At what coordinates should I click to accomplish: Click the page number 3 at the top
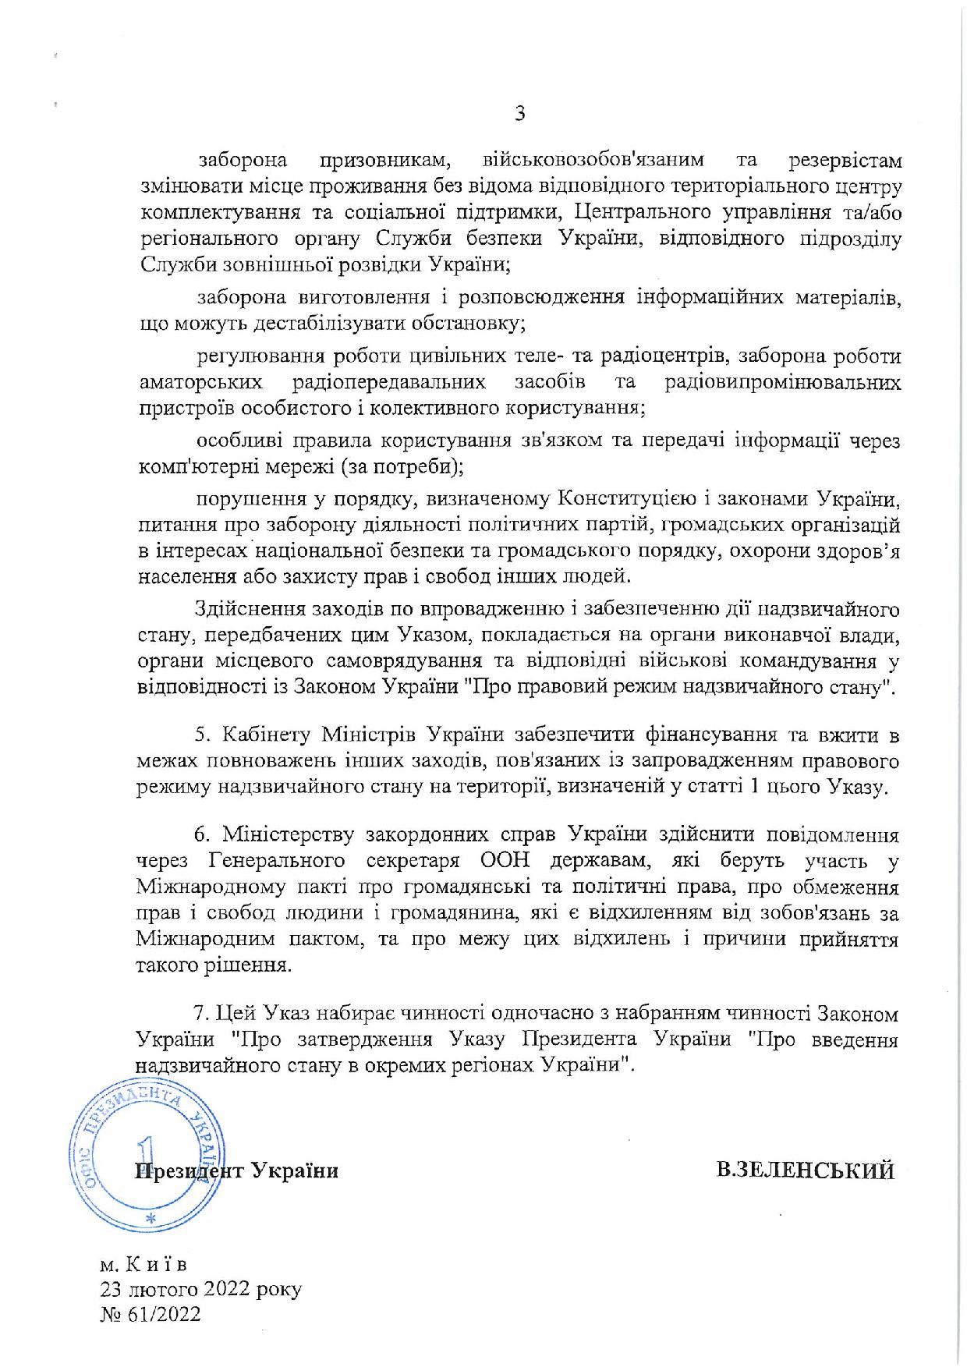(x=519, y=114)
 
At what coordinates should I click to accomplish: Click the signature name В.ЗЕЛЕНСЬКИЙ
(x=806, y=1170)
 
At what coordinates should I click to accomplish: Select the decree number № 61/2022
(x=151, y=1315)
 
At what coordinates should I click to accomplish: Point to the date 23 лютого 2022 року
(x=200, y=1289)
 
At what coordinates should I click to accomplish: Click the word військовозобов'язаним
(x=593, y=161)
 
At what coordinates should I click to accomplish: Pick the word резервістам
(x=845, y=161)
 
